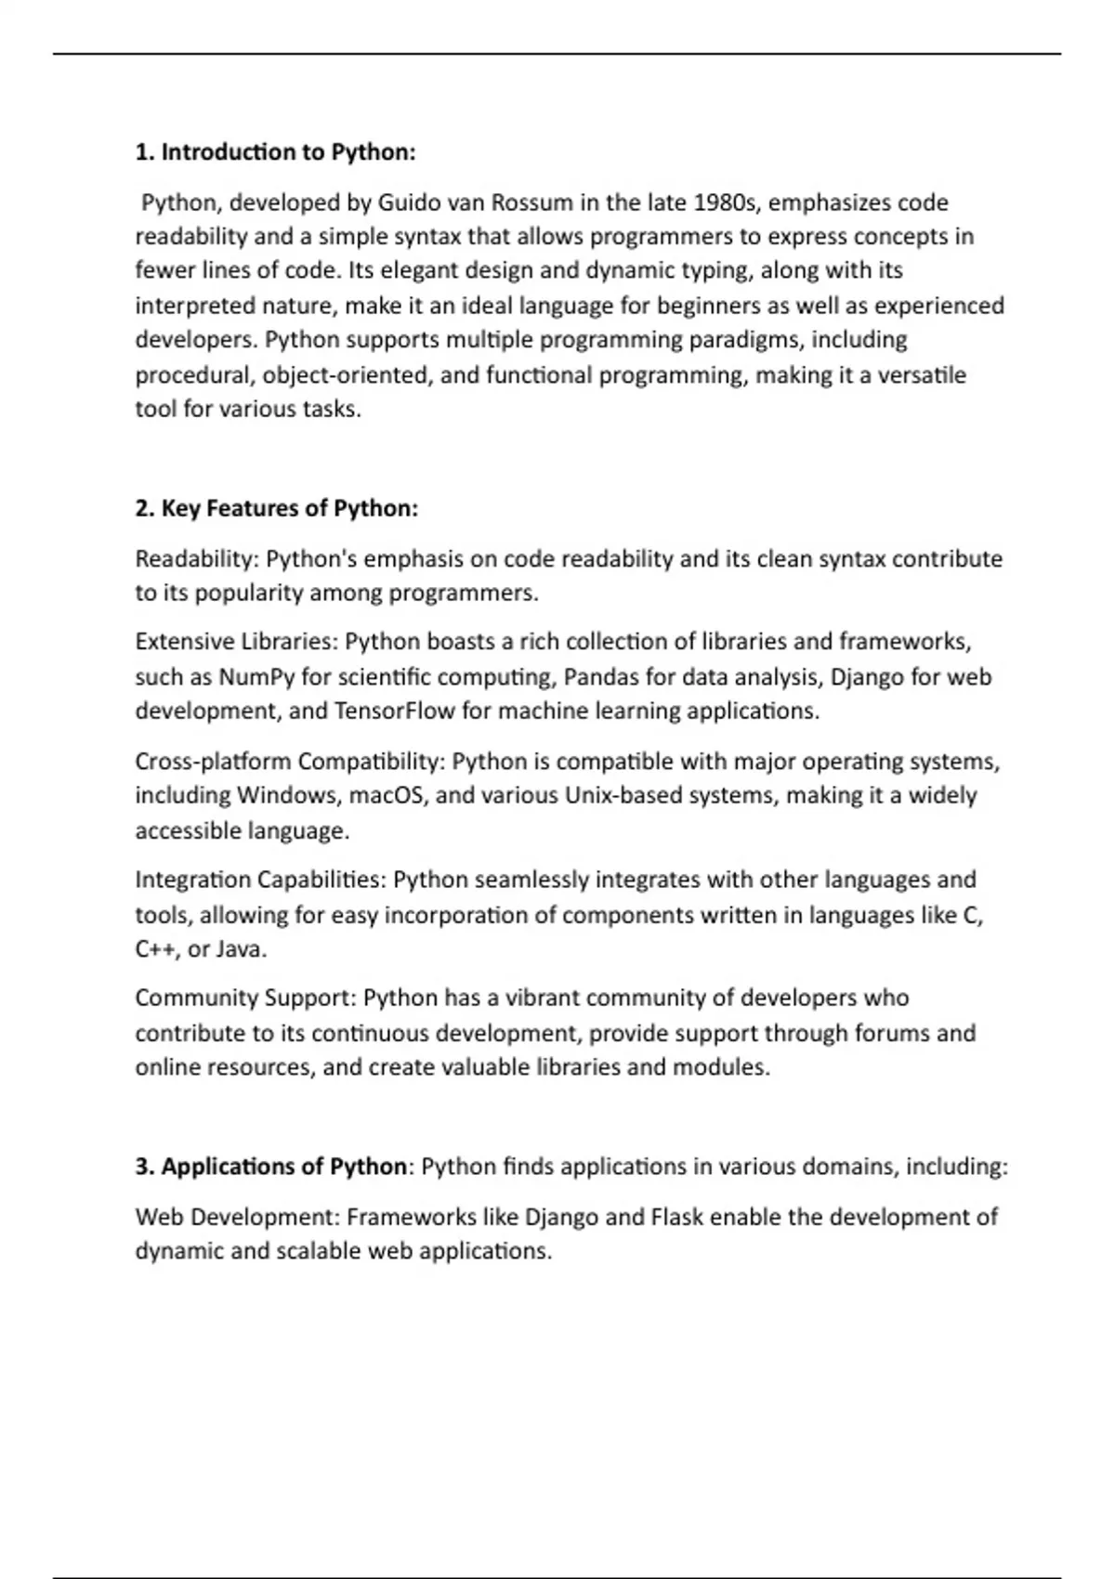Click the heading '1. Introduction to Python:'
275,152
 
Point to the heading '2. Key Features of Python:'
276,509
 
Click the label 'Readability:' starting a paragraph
197,559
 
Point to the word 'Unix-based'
621,796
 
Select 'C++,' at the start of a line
157,949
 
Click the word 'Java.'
242,949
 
